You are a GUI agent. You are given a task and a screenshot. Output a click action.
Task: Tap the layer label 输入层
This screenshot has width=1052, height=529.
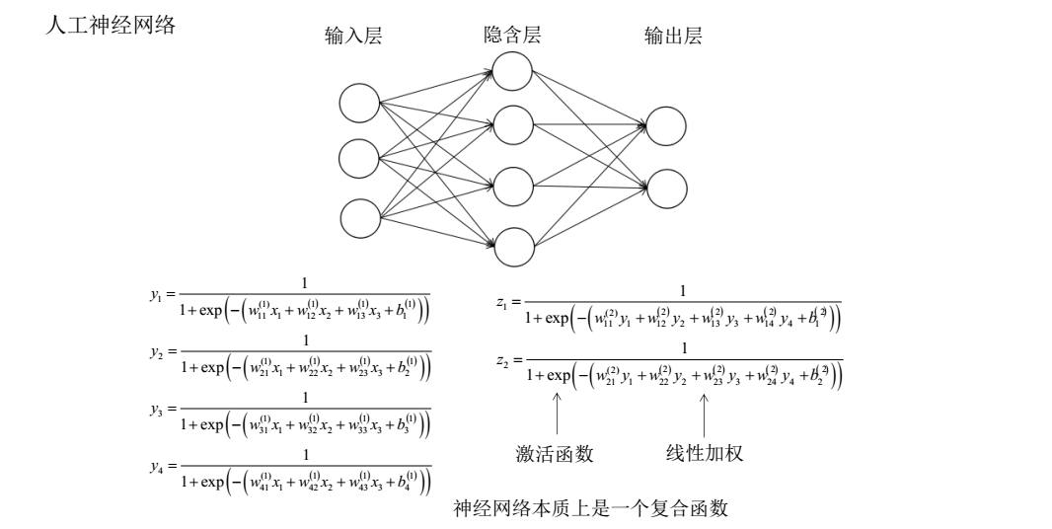pyautogui.click(x=353, y=38)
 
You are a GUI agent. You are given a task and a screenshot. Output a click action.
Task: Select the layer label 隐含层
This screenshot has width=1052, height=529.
pyautogui.click(x=505, y=38)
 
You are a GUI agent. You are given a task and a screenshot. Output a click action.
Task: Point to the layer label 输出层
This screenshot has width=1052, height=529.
pyautogui.click(x=672, y=38)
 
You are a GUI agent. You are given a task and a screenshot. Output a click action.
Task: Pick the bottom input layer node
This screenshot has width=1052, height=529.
pyautogui.click(x=359, y=217)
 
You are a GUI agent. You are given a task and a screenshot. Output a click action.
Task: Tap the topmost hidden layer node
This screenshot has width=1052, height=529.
pyautogui.click(x=513, y=70)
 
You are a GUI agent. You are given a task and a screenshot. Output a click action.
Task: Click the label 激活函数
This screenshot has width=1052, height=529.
pyautogui.click(x=555, y=454)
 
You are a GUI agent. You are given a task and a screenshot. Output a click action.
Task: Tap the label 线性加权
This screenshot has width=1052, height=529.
pyautogui.click(x=704, y=454)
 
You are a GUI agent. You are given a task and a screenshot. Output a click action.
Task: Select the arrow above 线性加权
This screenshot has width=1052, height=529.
pyautogui.click(x=704, y=414)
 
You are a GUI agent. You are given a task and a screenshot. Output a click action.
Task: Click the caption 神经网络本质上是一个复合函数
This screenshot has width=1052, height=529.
pyautogui.click(x=590, y=509)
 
